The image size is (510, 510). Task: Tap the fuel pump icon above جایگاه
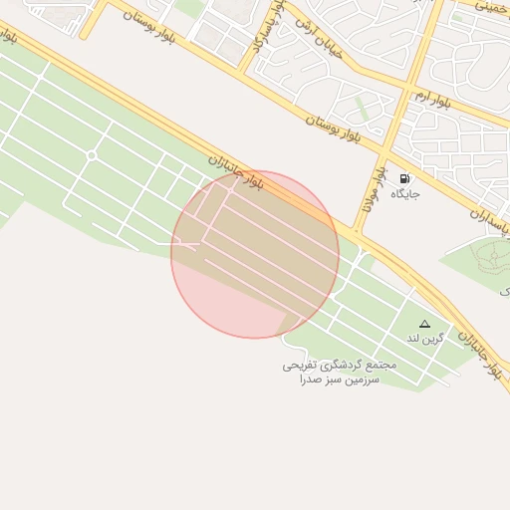pyautogui.click(x=404, y=177)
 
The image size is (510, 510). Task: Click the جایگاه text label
pyautogui.click(x=404, y=193)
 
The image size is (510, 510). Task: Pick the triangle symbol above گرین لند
pyautogui.click(x=425, y=324)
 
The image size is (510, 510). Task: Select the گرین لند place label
pyautogui.click(x=423, y=340)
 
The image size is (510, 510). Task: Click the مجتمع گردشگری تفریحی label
pyautogui.click(x=340, y=365)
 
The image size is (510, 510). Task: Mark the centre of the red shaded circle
pyautogui.click(x=255, y=254)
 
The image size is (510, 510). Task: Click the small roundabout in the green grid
pyautogui.click(x=92, y=155)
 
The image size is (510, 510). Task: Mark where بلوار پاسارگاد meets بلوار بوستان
pyautogui.click(x=247, y=70)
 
